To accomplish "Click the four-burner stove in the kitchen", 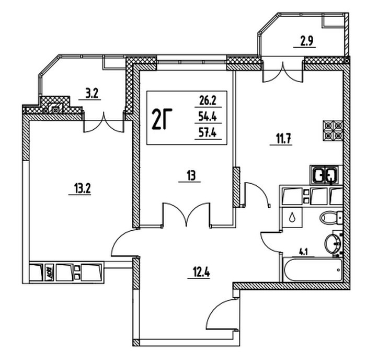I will point(334,130).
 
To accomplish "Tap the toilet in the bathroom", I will point(330,217).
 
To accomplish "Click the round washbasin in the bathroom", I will point(332,243).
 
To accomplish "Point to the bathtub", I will point(312,269).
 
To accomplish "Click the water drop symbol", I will point(291,217).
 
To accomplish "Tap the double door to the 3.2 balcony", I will point(104,123).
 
